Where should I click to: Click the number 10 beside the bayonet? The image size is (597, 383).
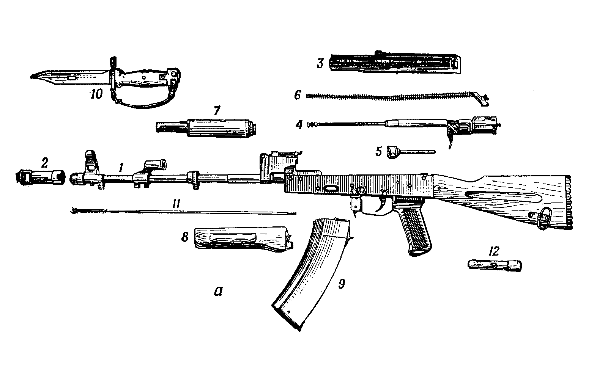pos(96,94)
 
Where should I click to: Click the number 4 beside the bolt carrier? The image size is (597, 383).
pos(300,125)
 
